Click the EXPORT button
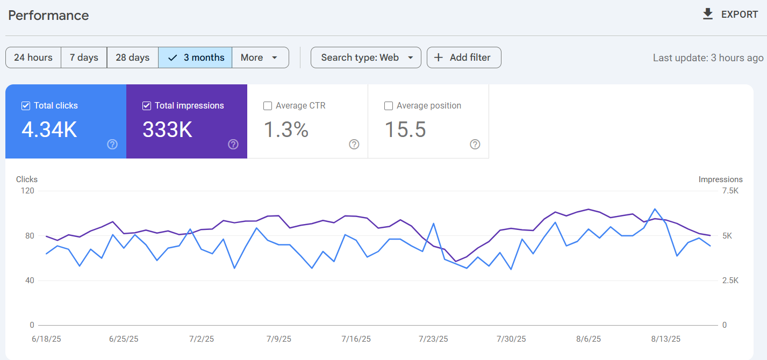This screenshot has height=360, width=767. (730, 15)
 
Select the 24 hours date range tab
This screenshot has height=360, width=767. (33, 57)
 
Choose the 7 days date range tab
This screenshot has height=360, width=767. (84, 57)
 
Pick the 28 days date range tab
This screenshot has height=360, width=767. (132, 57)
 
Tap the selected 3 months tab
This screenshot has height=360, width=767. (196, 57)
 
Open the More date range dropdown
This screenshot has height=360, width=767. (260, 57)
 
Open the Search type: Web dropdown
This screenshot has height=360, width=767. (365, 57)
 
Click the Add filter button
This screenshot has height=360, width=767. (463, 57)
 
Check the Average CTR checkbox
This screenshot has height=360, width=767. (268, 106)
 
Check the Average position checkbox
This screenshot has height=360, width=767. (389, 106)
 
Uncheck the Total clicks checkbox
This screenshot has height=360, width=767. (26, 106)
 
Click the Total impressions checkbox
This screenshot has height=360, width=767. (147, 106)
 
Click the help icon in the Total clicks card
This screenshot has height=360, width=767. (112, 144)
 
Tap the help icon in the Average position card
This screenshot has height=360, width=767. (475, 144)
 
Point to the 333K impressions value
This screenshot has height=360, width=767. (167, 130)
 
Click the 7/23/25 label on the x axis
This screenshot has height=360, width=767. (433, 339)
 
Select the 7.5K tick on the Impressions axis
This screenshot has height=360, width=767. (730, 191)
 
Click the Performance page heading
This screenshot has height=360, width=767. (48, 16)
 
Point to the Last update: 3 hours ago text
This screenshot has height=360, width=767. (708, 58)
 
